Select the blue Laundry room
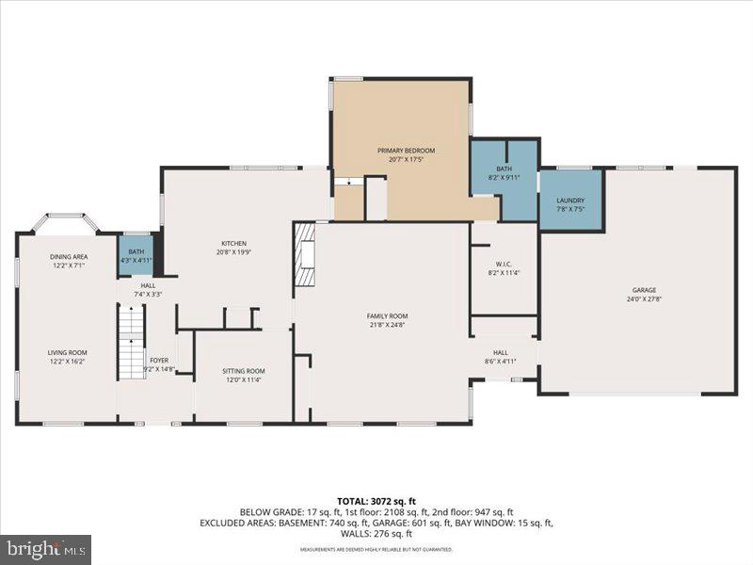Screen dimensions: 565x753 tap(570, 199)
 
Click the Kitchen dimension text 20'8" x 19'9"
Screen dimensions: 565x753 tap(233, 252)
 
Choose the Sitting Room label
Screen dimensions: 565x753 tap(244, 371)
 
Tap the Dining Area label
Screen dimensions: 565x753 tap(69, 256)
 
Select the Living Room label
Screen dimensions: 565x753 tap(68, 352)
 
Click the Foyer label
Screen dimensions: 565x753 tap(159, 360)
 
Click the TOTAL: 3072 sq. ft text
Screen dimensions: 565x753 tap(376, 500)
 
